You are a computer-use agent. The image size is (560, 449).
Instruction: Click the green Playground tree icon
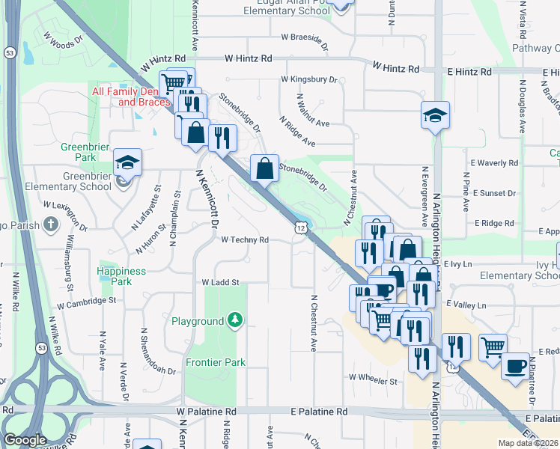click(236, 321)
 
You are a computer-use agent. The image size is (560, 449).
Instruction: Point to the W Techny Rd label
click(245, 239)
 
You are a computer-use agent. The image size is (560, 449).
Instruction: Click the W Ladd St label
click(219, 283)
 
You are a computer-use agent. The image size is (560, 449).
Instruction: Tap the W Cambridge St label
click(88, 300)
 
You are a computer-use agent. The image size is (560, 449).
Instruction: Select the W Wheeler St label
click(373, 381)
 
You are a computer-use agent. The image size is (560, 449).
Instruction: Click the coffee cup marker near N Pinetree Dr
click(515, 367)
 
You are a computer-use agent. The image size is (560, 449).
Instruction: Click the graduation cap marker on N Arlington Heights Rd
click(434, 115)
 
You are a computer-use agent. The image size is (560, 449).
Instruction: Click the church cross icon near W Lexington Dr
click(51, 224)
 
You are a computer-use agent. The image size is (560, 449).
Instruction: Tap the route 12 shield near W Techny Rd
click(300, 227)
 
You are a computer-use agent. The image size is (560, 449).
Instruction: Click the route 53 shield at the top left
click(9, 53)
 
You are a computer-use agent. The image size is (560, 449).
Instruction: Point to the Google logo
click(25, 440)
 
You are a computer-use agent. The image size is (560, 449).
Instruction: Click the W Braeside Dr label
click(305, 37)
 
